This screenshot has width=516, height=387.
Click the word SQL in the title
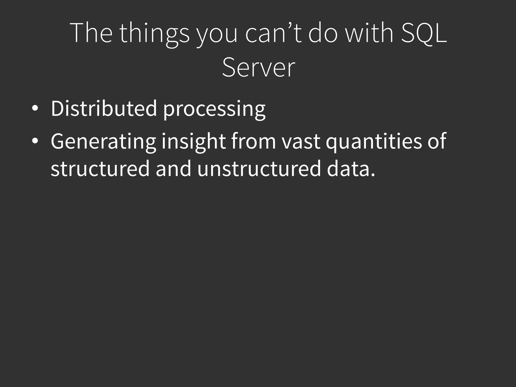(x=424, y=33)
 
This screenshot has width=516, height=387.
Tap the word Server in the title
(x=258, y=68)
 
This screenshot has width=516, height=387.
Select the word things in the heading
(x=154, y=34)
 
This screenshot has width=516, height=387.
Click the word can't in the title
(x=273, y=33)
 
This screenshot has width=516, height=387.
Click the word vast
(x=301, y=142)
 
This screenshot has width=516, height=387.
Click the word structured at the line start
(x=100, y=169)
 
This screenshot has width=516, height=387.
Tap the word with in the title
(x=369, y=33)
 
